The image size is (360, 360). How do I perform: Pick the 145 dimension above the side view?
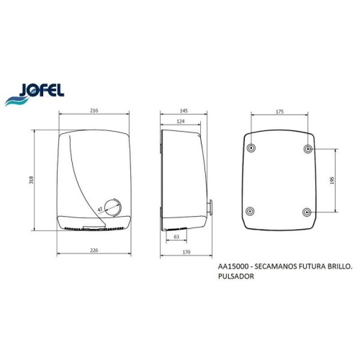tap(184, 111)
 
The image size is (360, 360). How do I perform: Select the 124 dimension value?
tap(179, 122)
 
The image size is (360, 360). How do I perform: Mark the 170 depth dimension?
tap(185, 253)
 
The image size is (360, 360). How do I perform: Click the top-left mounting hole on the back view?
tap(251, 148)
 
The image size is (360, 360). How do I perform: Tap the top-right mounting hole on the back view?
tap(307, 148)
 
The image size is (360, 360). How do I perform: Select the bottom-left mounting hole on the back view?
tap(251, 211)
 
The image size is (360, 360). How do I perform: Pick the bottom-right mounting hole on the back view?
tap(307, 211)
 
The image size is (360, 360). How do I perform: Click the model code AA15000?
tap(233, 266)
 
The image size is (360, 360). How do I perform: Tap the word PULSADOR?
tap(238, 275)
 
